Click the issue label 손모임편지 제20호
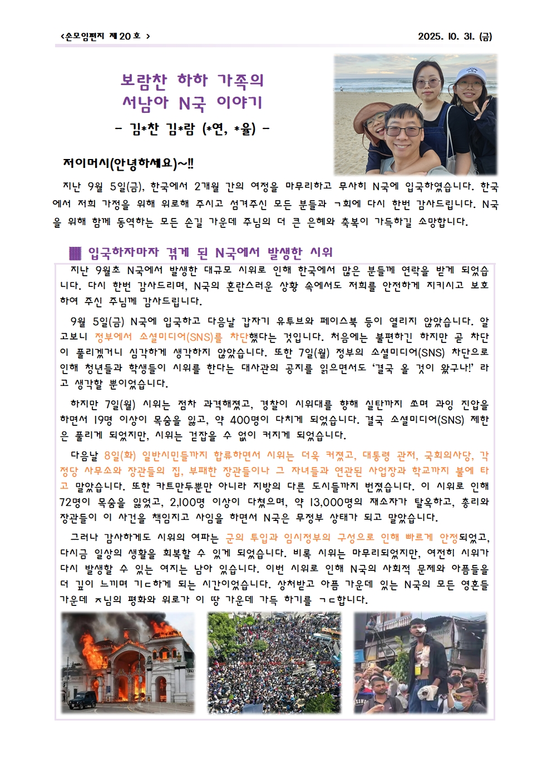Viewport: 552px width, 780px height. pyautogui.click(x=105, y=36)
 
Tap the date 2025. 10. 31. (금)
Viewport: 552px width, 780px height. pyautogui.click(x=455, y=36)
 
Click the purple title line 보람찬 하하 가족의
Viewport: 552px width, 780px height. pyautogui.click(x=193, y=81)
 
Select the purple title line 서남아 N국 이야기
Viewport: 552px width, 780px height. pyautogui.click(x=193, y=103)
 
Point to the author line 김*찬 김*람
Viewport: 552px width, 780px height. pyautogui.click(x=193, y=129)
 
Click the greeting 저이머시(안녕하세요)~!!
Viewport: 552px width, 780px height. pyautogui.click(x=129, y=164)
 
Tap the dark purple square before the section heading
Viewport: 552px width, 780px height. pyautogui.click(x=75, y=253)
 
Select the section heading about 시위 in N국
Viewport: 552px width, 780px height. pyautogui.click(x=210, y=253)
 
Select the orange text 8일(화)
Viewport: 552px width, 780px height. pyautogui.click(x=120, y=456)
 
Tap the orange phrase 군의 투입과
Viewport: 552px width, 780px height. pyautogui.click(x=252, y=538)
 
